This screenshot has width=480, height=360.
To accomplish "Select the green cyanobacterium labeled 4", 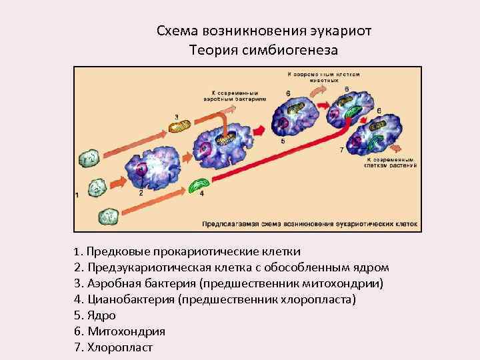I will tap(198, 185).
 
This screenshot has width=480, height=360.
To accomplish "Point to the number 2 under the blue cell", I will tap(141, 193).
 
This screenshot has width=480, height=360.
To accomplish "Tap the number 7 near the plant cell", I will tap(342, 150).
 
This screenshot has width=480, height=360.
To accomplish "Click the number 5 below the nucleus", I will tap(283, 141).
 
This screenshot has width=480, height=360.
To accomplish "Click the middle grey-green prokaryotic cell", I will tap(98, 186).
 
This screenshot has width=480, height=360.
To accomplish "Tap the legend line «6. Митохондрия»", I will tap(119, 331).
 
